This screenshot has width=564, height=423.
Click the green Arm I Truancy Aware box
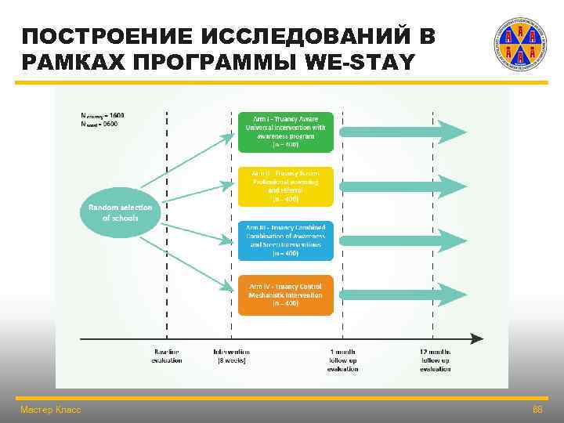pyautogui.click(x=285, y=131)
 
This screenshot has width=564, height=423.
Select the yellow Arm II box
pyautogui.click(x=285, y=186)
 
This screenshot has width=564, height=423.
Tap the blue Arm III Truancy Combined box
pyautogui.click(x=285, y=240)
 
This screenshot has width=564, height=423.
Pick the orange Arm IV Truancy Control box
pyautogui.click(x=285, y=295)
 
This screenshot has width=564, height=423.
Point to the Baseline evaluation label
pyautogui.click(x=166, y=356)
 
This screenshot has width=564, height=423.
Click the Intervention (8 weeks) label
pyautogui.click(x=231, y=356)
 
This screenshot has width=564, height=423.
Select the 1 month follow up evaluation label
pyautogui.click(x=342, y=360)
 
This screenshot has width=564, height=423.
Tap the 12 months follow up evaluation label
pyautogui.click(x=435, y=360)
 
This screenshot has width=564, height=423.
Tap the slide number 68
pyautogui.click(x=537, y=410)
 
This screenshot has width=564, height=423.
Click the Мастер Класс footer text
pyautogui.click(x=50, y=410)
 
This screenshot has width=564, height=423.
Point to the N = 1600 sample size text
pyautogui.click(x=102, y=115)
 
